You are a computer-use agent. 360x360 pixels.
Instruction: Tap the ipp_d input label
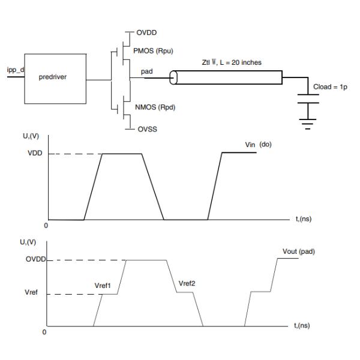point(16,70)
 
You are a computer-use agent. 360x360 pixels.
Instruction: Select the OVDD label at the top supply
point(146,32)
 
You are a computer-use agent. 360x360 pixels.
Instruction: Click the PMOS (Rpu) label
point(153,51)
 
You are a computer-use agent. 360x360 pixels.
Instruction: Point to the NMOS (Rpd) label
point(155,107)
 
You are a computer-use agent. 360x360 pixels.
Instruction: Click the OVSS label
point(148,129)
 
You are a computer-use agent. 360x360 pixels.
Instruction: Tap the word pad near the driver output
point(147,71)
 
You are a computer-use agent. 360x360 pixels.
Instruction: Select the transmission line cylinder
point(226,77)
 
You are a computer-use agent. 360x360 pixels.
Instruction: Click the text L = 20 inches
point(241,62)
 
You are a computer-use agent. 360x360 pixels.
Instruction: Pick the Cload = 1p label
point(330,87)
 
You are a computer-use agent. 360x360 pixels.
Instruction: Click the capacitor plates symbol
point(308,99)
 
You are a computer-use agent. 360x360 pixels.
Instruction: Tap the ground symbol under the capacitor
point(308,124)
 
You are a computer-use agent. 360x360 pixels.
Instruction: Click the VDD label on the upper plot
point(35,153)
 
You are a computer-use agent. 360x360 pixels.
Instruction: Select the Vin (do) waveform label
point(258,145)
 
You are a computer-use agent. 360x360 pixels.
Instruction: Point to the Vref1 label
point(103,286)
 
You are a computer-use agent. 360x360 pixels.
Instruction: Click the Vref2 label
point(187,284)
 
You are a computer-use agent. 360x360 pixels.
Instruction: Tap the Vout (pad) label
point(299,251)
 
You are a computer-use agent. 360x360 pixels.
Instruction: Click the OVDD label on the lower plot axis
point(36,259)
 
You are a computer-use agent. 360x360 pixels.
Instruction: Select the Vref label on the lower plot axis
point(31,292)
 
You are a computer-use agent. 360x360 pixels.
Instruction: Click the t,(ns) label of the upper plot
point(304,219)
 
